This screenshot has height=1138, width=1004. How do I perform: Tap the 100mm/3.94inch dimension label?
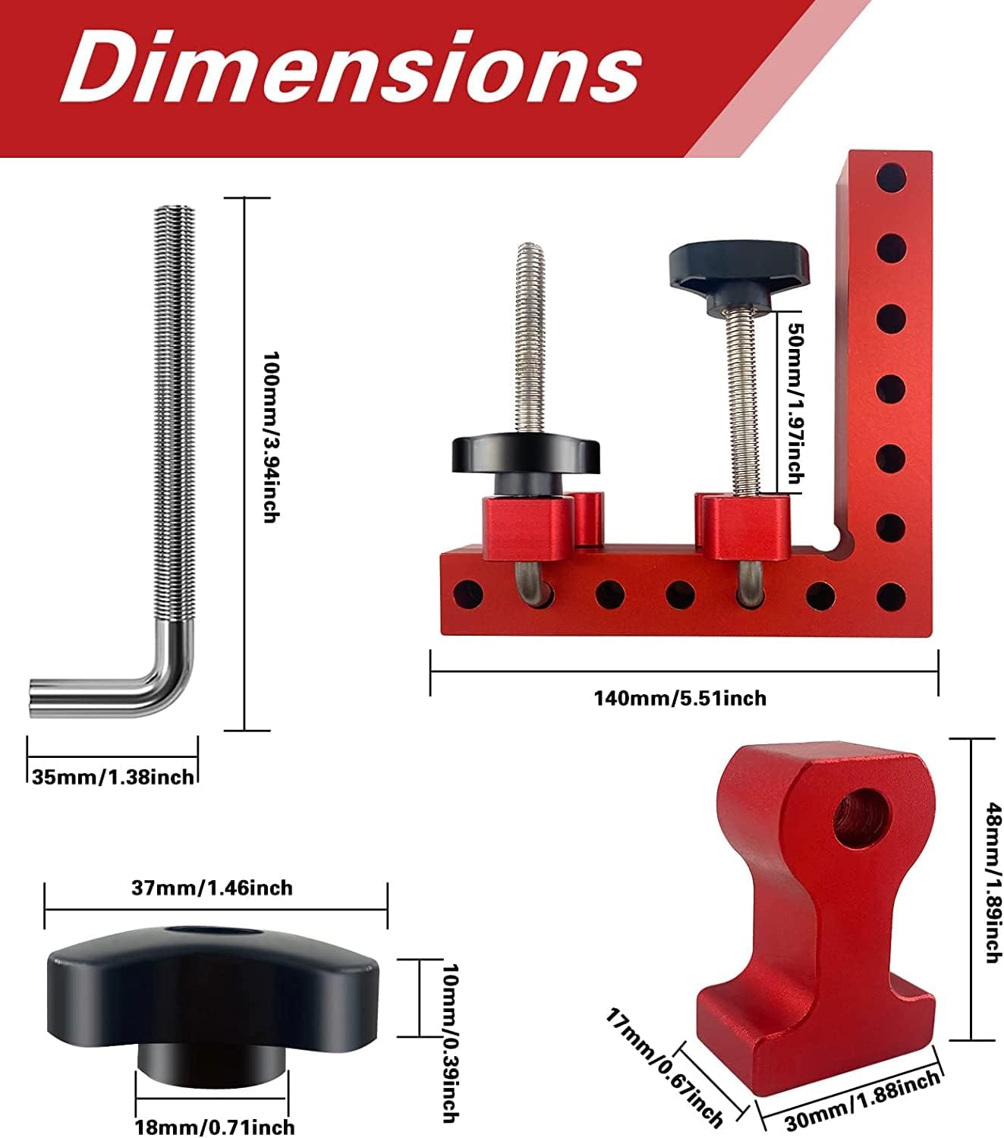point(272,436)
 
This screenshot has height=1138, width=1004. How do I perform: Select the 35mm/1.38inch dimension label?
point(113,777)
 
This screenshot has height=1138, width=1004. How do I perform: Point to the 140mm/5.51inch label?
point(681,698)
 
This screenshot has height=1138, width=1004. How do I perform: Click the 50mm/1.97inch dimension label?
point(796,403)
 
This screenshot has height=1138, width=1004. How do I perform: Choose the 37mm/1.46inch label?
point(212,888)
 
